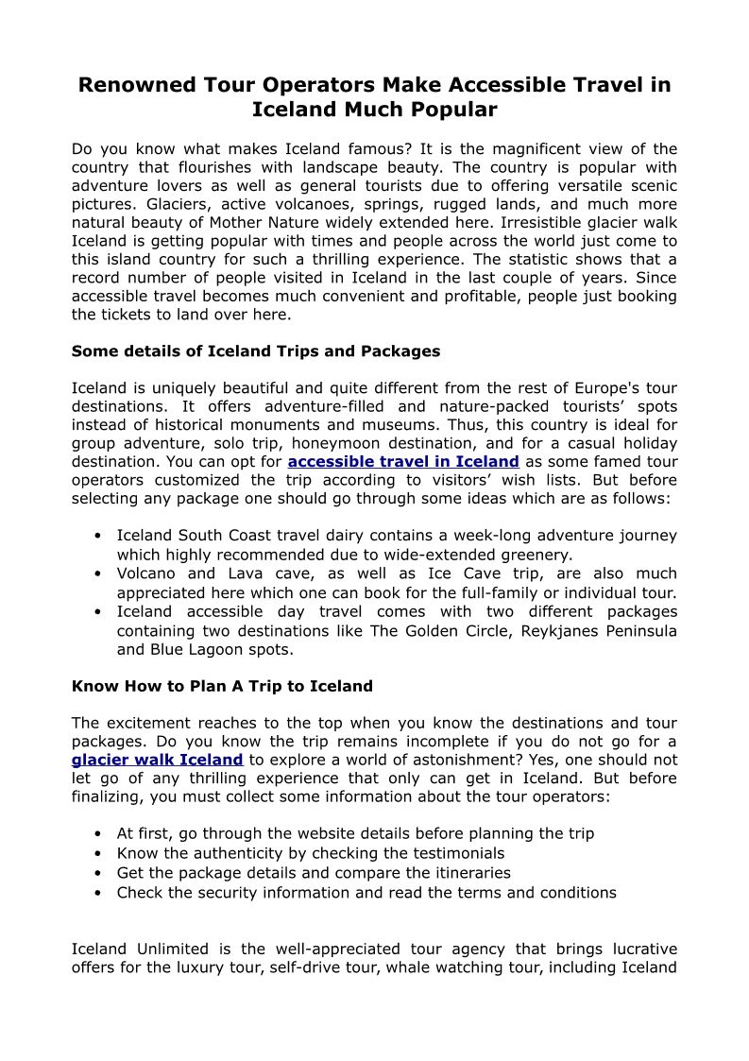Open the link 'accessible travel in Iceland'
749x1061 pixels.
click(403, 462)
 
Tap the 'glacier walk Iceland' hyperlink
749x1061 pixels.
click(158, 760)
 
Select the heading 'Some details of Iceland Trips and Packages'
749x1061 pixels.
click(256, 351)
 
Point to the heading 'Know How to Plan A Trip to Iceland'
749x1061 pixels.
click(222, 686)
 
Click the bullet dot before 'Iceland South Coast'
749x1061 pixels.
click(98, 536)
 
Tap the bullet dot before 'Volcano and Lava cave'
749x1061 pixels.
click(98, 573)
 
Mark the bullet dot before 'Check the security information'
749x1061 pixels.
click(98, 892)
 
